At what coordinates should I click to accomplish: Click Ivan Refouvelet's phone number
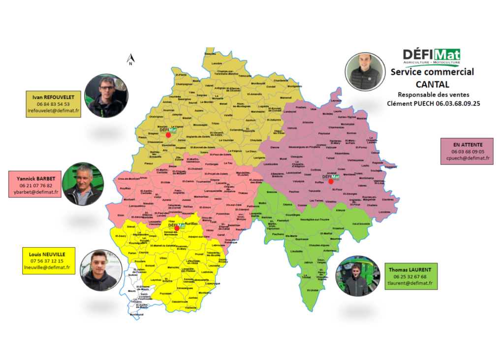tap(53, 104)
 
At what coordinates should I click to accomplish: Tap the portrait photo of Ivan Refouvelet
tap(106, 96)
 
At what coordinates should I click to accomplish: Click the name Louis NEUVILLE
tap(47, 254)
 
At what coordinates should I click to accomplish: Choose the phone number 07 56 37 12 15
tap(47, 261)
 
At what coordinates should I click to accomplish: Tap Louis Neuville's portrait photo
tap(99, 270)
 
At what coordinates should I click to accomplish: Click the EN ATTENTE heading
tap(468, 145)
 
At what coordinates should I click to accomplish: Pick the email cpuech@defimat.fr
tap(468, 158)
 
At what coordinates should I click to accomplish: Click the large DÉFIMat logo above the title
tap(431, 56)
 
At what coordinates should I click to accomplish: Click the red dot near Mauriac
tap(168, 134)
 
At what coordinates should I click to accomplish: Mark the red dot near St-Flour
tap(331, 182)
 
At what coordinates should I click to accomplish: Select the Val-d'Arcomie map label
tap(361, 224)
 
